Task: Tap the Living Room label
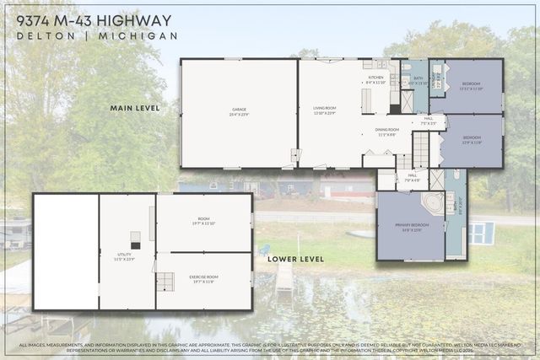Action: [325, 110]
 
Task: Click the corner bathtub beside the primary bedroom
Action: [432, 204]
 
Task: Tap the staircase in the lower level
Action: [165, 282]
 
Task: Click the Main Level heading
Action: [135, 108]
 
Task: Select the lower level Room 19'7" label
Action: [203, 222]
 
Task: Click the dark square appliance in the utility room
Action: [135, 239]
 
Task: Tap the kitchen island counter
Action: [367, 100]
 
